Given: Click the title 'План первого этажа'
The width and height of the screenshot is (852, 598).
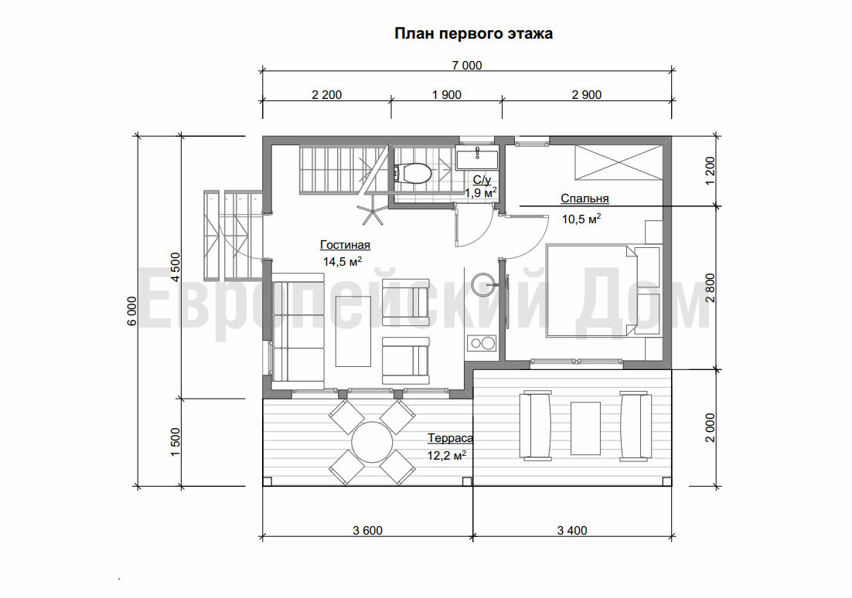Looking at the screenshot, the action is click(473, 34).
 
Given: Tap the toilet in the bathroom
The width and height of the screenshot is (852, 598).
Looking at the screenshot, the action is click(414, 173).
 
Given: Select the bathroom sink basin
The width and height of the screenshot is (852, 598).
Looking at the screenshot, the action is click(477, 158).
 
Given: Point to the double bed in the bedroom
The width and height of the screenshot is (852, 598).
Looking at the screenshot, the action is click(603, 291).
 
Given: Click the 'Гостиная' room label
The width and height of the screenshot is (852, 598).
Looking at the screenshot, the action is click(345, 244).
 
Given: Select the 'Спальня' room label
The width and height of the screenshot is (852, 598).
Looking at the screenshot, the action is click(584, 199).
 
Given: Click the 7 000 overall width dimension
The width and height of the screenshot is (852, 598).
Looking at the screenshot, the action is click(467, 65).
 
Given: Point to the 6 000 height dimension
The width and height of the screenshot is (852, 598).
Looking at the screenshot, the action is click(132, 311).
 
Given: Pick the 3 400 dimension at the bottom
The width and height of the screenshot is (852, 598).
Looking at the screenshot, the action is click(572, 531).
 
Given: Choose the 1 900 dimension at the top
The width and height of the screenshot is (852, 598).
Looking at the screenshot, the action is click(447, 94).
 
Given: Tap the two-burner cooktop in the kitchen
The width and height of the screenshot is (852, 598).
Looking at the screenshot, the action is click(482, 343).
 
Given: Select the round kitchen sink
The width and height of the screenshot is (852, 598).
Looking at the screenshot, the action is click(483, 283).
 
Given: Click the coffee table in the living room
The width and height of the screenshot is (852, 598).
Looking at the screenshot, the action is click(354, 331).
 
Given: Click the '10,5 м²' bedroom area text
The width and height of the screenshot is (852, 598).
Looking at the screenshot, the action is click(581, 219).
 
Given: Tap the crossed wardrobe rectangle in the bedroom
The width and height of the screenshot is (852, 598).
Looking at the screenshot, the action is click(619, 161).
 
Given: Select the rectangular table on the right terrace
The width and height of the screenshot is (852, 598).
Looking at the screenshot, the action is click(586, 429).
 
